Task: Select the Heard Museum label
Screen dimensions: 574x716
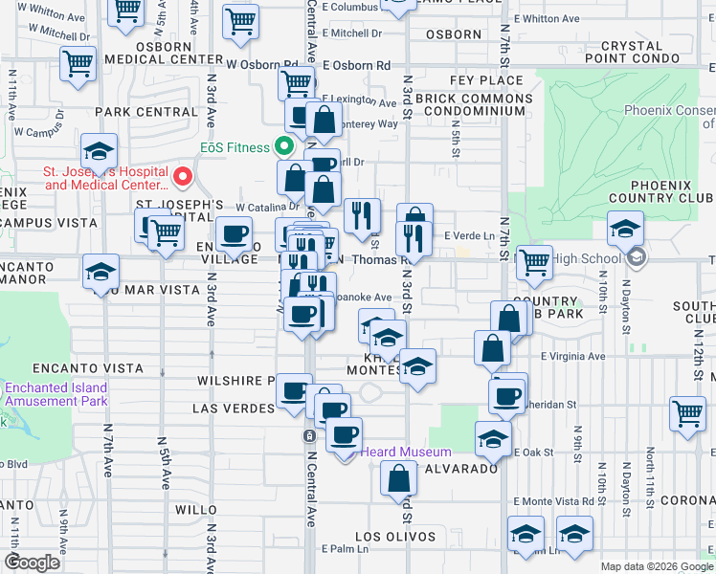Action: (x=412, y=453)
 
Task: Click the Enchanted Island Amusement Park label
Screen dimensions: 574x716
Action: (x=56, y=394)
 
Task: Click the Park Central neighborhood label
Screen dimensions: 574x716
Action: (x=145, y=112)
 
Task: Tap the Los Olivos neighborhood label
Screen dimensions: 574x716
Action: (x=395, y=537)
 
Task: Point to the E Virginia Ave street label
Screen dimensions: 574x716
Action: (x=572, y=357)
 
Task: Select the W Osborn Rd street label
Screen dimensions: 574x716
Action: (x=262, y=65)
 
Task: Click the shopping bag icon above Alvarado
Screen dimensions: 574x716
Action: (x=398, y=477)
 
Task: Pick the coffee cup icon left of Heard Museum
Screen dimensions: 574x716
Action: (x=344, y=434)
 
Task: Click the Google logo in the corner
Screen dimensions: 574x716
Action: (x=34, y=563)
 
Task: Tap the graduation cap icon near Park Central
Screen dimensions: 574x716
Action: (x=100, y=151)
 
